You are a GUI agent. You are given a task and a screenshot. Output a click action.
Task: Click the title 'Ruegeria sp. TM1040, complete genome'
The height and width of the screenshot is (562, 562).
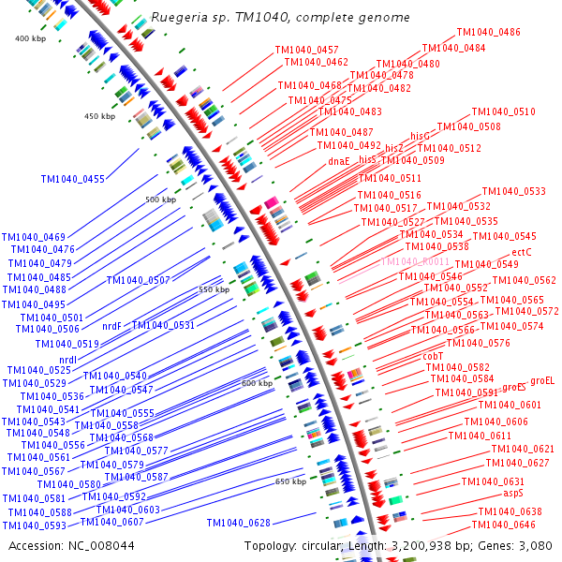tap(280, 18)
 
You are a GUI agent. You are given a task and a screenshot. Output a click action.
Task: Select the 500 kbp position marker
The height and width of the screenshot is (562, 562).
tap(160, 200)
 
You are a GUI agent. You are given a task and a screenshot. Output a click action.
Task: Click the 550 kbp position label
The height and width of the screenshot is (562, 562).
tap(214, 289)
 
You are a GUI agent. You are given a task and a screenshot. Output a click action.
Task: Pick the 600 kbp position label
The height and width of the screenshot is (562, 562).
tap(257, 383)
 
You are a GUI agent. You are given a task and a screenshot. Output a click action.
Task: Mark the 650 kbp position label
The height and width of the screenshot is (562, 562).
tap(290, 481)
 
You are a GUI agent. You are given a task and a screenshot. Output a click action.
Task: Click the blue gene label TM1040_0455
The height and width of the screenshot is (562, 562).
tap(73, 179)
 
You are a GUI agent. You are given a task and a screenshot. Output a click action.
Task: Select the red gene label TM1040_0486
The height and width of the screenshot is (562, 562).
tap(489, 32)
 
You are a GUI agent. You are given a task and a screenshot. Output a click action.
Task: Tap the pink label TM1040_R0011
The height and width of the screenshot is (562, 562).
tap(415, 261)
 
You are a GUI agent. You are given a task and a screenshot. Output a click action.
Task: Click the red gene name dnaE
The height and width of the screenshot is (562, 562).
tap(339, 161)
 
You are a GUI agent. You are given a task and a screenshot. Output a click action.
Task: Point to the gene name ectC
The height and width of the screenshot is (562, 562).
tap(522, 252)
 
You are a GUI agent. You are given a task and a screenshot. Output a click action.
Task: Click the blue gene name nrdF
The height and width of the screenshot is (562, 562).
tap(111, 326)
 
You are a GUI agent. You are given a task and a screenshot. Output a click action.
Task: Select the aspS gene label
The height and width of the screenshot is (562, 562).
tap(513, 492)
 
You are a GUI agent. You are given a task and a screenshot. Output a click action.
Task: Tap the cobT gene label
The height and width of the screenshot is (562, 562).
tap(433, 356)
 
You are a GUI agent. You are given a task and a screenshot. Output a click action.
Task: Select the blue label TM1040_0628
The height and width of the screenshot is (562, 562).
tap(238, 523)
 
